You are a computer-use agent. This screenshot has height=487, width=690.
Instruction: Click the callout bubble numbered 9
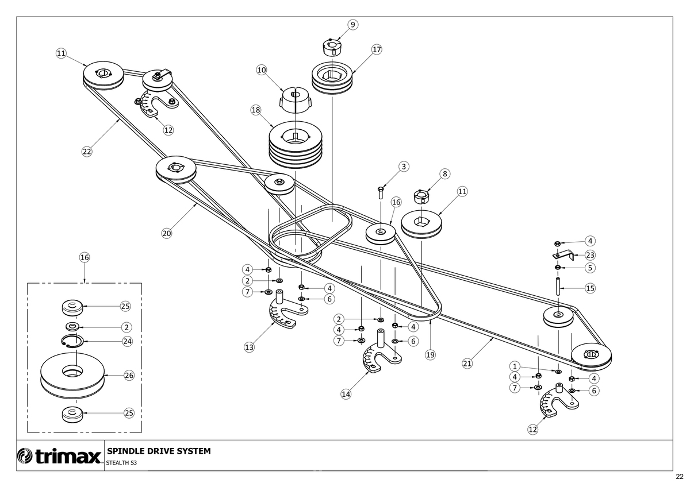pos(352,25)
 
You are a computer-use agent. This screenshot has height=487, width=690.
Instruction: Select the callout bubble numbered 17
pos(377,49)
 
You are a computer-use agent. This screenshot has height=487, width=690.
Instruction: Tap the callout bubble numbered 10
pos(262,70)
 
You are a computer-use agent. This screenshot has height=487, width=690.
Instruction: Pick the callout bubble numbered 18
pos(256,110)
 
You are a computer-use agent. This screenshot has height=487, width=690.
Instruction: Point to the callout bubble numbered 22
pos(87,152)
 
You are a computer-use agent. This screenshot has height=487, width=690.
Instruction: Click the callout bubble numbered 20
pos(167,234)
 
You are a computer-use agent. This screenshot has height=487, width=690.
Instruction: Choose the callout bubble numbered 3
pos(404,167)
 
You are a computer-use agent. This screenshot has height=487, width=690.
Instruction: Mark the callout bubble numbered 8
pos(445,174)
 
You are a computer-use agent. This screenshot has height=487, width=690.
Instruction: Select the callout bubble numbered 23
pos(590,256)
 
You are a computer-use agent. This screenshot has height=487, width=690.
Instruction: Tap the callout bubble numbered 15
pos(590,288)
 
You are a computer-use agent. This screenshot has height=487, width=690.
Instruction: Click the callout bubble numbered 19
pos(430,355)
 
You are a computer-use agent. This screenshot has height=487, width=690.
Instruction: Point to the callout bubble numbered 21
pos(467,364)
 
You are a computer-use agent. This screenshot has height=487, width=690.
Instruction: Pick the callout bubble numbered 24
pos(128,342)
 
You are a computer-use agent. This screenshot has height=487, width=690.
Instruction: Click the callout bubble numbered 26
pos(129,376)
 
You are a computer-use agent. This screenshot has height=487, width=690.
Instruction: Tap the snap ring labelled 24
pos(72,342)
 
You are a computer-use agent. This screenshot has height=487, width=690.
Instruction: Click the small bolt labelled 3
pos(381,193)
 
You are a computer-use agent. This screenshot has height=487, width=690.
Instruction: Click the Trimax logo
pos(60,456)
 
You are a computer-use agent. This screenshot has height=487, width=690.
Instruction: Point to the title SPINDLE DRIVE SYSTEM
pos(159,451)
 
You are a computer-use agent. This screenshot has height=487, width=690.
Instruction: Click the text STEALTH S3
pos(121,463)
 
